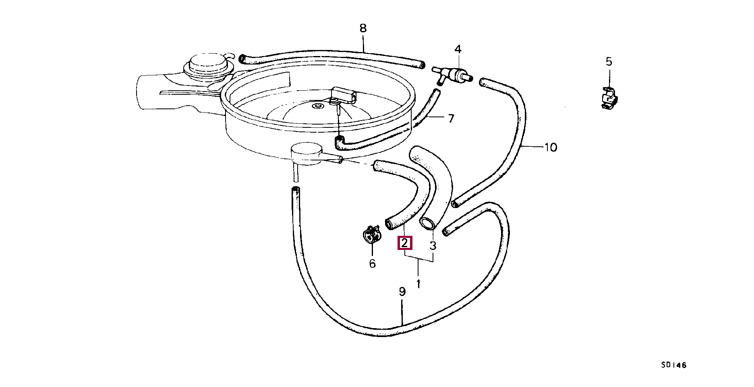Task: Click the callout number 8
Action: [363, 28]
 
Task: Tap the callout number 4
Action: [458, 49]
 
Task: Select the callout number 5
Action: [609, 62]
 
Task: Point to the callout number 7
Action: [451, 118]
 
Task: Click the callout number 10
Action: [550, 147]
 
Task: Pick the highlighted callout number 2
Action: [404, 243]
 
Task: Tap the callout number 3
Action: [433, 246]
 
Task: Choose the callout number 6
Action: [372, 264]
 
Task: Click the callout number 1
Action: [418, 283]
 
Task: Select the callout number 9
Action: [402, 291]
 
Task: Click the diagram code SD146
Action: [673, 365]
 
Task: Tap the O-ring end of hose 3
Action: [426, 223]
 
